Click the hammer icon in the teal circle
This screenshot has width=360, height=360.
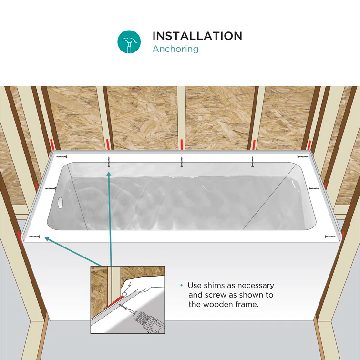(129, 42)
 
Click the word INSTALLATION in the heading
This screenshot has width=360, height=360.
(197, 36)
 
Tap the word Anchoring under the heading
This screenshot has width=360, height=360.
(175, 49)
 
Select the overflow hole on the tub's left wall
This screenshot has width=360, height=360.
(60, 202)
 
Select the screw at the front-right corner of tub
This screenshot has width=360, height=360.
(329, 237)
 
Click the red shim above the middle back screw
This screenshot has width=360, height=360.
(181, 144)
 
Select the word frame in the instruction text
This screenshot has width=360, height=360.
(247, 304)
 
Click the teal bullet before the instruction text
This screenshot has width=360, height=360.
(181, 286)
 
